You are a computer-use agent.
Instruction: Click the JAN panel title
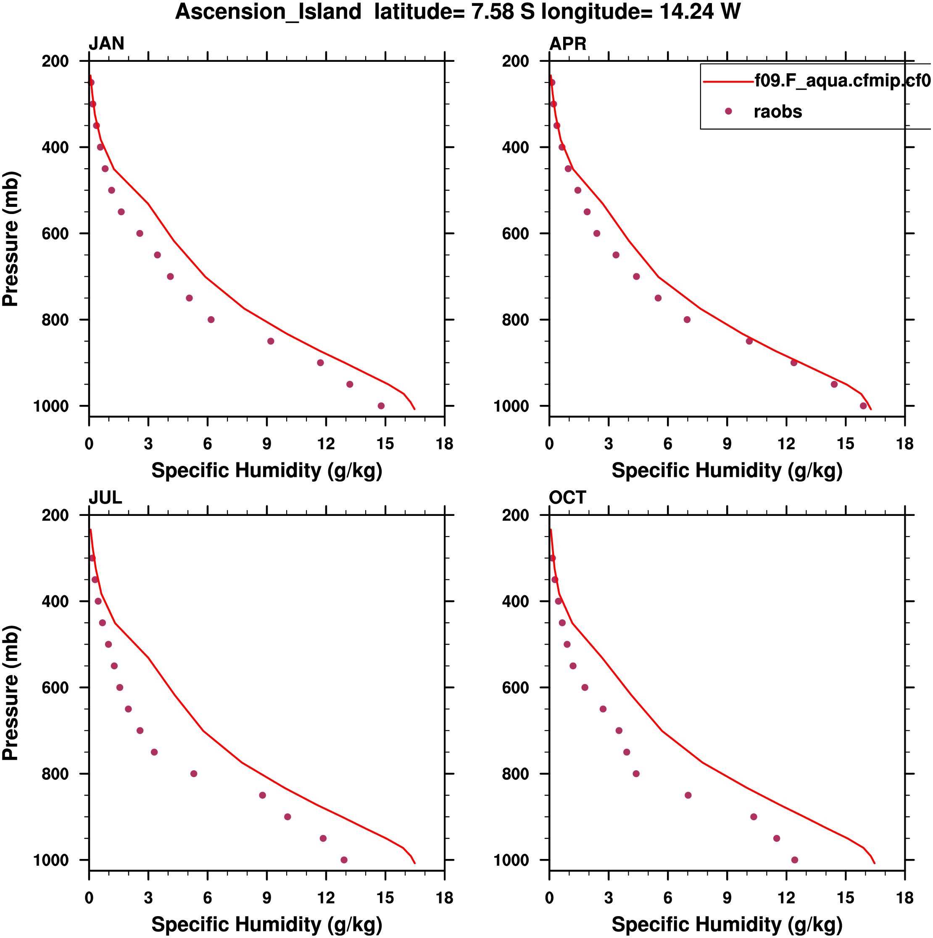coord(106,44)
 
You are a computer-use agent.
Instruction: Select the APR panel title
coord(567,44)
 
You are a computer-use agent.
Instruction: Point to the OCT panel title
coord(567,498)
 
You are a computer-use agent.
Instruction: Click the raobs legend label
coord(777,112)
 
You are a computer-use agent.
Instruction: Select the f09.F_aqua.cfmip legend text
coord(842,80)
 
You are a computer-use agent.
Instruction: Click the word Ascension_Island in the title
coord(268,12)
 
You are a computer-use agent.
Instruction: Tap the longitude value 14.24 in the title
coord(686,12)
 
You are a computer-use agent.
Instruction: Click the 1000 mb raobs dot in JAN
coord(381,406)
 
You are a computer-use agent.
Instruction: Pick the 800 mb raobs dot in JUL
coord(194,774)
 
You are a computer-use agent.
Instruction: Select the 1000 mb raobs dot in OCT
coord(795,860)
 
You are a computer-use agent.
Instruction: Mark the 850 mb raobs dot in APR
coord(749,341)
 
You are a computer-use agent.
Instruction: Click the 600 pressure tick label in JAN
coord(55,233)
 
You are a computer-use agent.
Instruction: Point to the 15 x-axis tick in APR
coord(845,444)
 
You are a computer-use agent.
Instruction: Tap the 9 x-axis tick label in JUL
coord(266,898)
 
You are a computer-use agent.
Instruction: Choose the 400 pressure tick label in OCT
coord(516,602)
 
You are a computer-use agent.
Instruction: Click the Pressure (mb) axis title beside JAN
coord(11,238)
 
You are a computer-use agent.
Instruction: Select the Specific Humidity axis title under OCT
coord(727,925)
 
